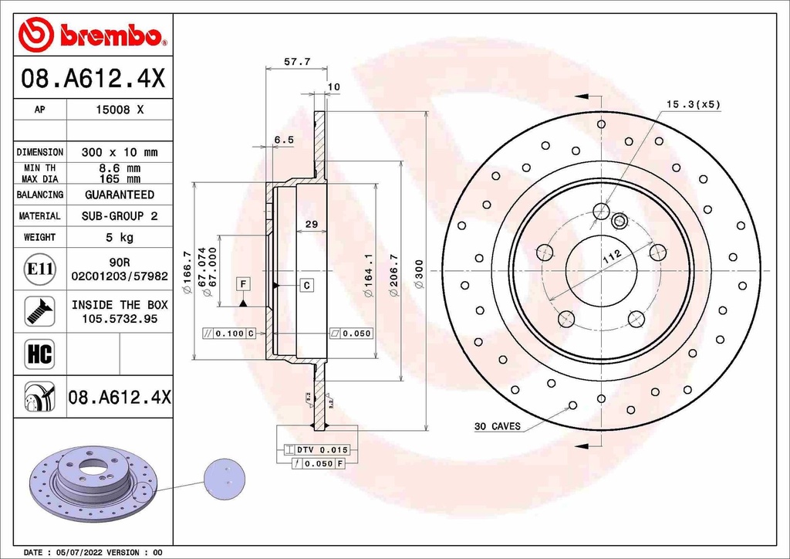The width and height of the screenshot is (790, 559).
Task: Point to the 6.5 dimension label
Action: (284, 140)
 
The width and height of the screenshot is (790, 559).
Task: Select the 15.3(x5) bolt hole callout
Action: (693, 103)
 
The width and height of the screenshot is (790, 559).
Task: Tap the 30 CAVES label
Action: (497, 426)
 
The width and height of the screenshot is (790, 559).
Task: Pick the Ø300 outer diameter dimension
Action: (419, 274)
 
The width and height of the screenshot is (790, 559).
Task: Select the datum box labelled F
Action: (243, 284)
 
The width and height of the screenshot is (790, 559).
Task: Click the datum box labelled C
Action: (306, 286)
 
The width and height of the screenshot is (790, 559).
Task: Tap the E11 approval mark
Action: (39, 269)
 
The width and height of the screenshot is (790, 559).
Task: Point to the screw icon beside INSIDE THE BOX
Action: (39, 310)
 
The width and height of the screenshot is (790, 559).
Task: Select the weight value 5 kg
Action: (119, 238)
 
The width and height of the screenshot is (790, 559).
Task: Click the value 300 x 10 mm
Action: (119, 152)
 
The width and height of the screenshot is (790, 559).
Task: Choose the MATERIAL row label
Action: (39, 216)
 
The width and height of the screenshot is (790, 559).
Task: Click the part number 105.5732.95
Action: (119, 318)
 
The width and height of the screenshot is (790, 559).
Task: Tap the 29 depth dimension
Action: (312, 225)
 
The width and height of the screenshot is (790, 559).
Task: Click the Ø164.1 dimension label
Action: (369, 276)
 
